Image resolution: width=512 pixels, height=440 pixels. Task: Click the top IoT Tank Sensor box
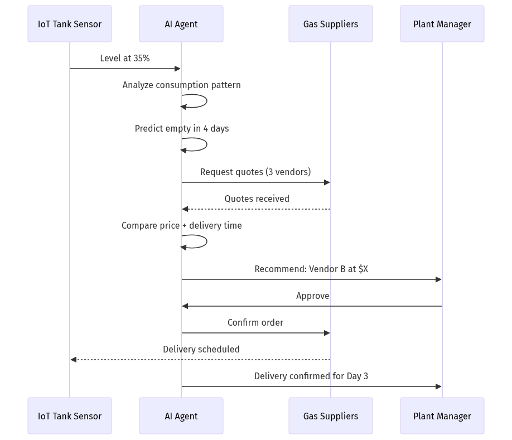click(70, 24)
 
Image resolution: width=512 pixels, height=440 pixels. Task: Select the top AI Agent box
click(181, 24)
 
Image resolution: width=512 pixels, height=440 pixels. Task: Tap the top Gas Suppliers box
click(330, 24)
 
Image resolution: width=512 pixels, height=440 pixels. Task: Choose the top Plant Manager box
click(442, 24)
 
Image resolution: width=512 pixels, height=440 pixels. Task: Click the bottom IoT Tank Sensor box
click(70, 416)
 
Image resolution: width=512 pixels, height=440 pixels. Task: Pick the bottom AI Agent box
click(181, 416)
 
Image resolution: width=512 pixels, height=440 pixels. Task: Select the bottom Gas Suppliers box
click(330, 416)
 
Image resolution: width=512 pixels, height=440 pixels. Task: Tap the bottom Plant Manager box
click(442, 416)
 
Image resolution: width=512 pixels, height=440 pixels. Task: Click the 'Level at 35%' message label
click(125, 58)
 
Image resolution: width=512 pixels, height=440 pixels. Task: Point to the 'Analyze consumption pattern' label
click(182, 85)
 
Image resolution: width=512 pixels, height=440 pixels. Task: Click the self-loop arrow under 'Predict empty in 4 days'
click(201, 144)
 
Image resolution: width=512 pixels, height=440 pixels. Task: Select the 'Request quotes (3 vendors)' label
click(255, 172)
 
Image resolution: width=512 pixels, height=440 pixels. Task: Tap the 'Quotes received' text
click(257, 199)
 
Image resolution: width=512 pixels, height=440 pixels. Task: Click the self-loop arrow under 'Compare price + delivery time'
click(201, 241)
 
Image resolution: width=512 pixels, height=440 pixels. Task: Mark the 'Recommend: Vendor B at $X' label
click(311, 269)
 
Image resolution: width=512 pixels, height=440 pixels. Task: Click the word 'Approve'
click(312, 296)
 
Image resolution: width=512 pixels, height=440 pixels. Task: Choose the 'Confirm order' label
click(255, 322)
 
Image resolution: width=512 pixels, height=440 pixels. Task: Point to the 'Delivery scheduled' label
click(201, 349)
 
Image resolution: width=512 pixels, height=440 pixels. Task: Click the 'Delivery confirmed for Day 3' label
click(311, 376)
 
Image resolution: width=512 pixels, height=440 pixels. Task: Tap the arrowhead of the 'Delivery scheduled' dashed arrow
click(73, 360)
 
